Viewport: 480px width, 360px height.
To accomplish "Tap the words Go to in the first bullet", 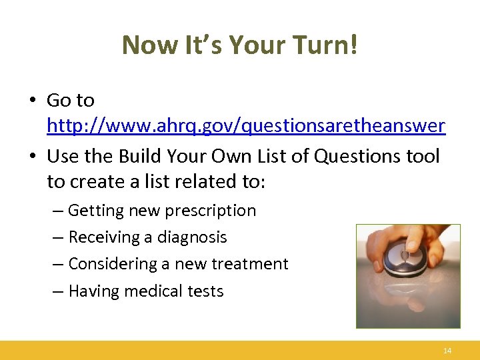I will [71, 101].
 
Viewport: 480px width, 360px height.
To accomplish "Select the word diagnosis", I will [192, 237].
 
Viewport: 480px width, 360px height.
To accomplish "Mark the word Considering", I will [113, 264].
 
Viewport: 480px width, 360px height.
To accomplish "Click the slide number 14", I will [447, 351].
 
